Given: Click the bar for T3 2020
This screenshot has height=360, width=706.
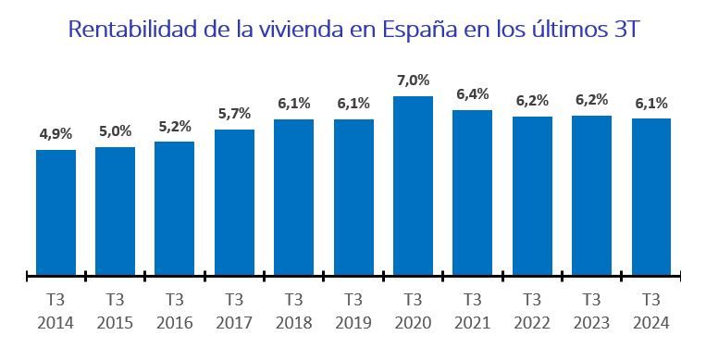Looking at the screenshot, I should (413, 185).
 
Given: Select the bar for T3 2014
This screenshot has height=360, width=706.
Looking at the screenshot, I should (56, 212).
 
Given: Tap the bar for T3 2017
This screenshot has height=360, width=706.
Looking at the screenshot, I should (234, 202).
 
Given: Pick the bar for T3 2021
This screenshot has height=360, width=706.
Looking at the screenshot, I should (472, 192).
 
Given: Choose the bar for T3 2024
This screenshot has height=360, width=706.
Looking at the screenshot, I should (650, 196).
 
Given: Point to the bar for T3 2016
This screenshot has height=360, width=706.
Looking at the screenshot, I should (174, 208).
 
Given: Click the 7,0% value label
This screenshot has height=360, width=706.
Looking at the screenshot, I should (413, 81).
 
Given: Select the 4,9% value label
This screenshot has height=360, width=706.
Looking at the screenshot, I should (56, 134).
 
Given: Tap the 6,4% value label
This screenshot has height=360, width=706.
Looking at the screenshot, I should (472, 94).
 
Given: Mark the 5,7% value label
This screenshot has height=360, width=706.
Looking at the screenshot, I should (234, 114).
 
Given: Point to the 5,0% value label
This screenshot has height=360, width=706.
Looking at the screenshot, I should (115, 131).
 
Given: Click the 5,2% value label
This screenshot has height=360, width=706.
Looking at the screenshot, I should (174, 126).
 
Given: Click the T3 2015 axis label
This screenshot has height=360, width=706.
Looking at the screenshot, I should (115, 312).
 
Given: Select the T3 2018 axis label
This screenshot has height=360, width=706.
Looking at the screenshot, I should (293, 312).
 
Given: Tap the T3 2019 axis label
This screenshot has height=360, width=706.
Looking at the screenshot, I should (353, 312).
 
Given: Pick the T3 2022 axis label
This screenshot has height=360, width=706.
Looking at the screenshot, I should (531, 312).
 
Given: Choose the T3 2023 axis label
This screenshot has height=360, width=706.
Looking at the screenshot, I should (591, 312).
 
